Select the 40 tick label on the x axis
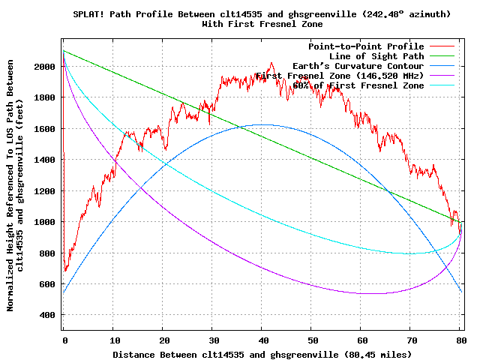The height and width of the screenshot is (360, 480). click(x=262, y=340)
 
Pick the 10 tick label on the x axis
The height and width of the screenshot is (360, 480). click(x=112, y=340)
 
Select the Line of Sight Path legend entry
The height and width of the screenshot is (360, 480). click(x=376, y=56)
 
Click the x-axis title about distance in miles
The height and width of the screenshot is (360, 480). click(x=262, y=353)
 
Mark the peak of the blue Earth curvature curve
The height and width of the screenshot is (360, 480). click(x=262, y=124)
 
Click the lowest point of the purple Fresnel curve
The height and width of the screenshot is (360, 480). click(x=367, y=293)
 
